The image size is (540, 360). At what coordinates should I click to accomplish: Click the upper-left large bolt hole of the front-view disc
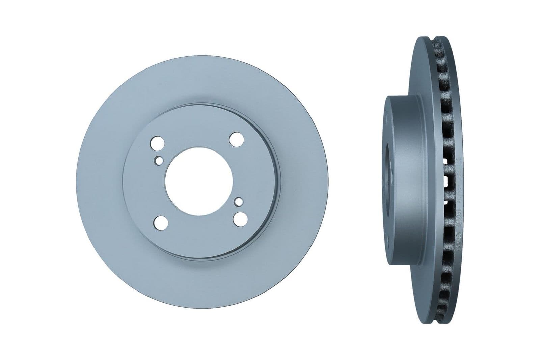click(x=156, y=142)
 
